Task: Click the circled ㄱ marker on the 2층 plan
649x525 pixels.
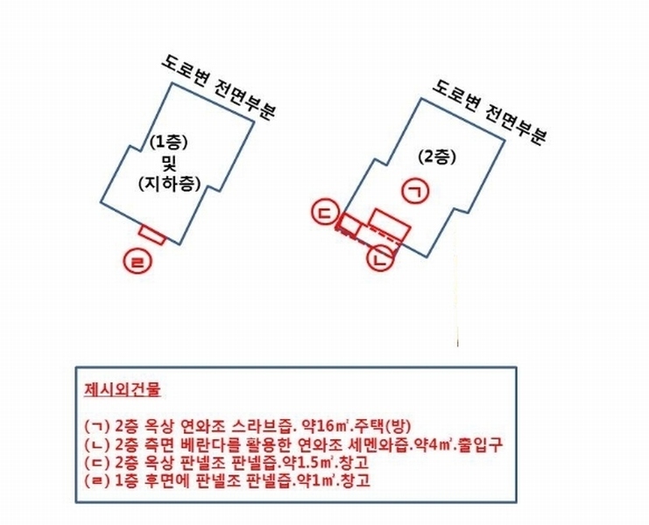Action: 416,191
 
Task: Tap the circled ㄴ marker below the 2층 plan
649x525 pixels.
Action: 380,259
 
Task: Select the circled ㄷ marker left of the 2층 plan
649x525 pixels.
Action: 326,212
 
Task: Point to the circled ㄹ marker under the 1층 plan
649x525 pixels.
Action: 138,262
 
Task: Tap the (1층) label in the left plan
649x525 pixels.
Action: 169,143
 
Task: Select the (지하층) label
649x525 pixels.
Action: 170,184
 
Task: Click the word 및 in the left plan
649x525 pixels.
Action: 170,164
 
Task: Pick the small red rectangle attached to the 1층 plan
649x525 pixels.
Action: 152,234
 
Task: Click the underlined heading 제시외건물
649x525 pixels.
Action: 123,389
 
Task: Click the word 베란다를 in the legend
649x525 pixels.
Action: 210,444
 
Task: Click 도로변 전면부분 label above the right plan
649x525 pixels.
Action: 490,111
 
